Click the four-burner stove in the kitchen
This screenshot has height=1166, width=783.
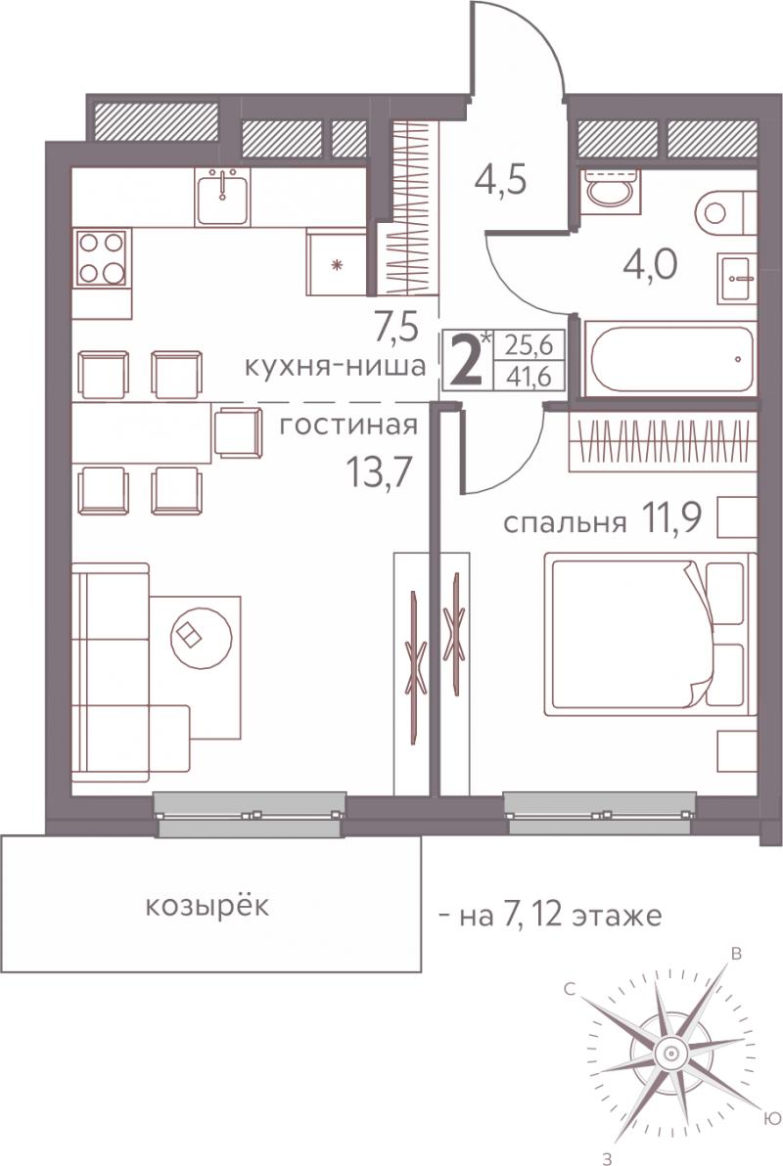(101, 257)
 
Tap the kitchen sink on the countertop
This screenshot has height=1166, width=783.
(222, 197)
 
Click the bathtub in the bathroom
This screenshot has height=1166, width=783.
(669, 359)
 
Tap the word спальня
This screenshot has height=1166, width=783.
(564, 523)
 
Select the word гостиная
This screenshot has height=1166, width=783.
(347, 426)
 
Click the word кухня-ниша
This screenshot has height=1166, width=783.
(336, 366)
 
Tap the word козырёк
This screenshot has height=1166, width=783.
(207, 907)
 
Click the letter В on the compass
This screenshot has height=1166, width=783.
(736, 954)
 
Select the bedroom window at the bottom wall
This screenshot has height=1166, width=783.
(601, 814)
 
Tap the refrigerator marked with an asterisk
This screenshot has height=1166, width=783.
(337, 262)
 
